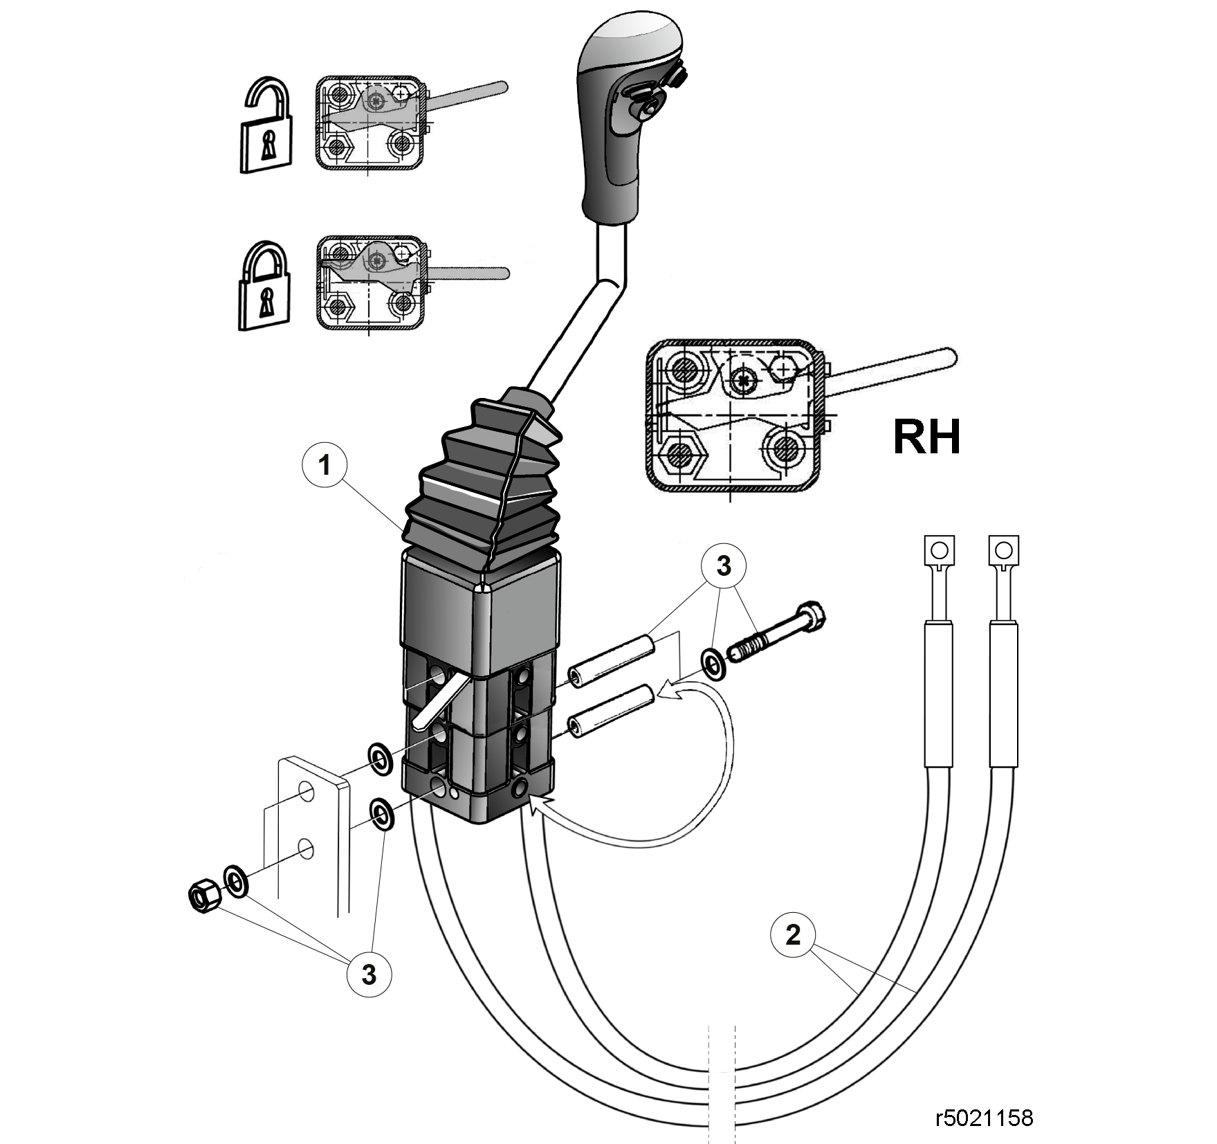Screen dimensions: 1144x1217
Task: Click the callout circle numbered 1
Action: [x=325, y=465]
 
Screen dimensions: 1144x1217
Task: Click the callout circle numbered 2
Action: [x=793, y=934]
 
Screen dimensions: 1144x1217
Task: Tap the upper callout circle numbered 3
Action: [x=723, y=566]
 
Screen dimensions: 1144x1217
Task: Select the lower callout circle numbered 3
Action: [x=369, y=974]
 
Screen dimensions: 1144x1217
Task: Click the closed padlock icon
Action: [x=265, y=287]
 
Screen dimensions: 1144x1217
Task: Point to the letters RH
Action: [x=926, y=437]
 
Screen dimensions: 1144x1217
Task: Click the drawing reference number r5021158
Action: [x=984, y=1118]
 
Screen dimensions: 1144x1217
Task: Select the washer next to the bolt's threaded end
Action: [x=713, y=662]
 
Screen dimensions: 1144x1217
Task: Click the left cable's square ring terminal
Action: [x=939, y=552]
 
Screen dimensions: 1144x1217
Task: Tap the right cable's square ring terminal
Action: [x=1004, y=552]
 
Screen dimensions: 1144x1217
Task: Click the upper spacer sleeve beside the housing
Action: [x=611, y=661]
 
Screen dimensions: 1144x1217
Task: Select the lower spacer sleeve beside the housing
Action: [x=611, y=711]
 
